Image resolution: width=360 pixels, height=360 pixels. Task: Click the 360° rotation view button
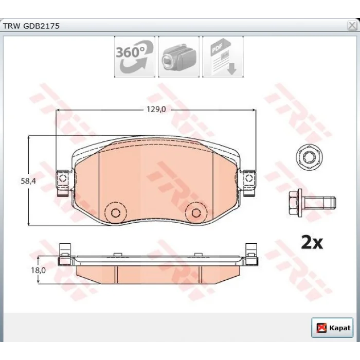click(x=135, y=57)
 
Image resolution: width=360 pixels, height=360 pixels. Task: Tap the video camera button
click(x=178, y=57)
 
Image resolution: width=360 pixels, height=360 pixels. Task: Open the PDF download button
click(x=223, y=57)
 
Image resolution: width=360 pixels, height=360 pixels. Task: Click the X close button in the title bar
click(x=352, y=25)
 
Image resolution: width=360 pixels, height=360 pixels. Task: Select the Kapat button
click(x=332, y=328)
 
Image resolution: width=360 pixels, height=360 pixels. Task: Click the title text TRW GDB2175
click(x=31, y=26)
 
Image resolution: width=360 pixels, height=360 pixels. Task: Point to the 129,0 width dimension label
click(x=156, y=109)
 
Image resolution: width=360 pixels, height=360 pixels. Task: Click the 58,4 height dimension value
click(x=28, y=181)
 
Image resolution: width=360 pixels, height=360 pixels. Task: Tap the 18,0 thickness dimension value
click(x=39, y=270)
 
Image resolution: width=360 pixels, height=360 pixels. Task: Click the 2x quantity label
click(x=312, y=242)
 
